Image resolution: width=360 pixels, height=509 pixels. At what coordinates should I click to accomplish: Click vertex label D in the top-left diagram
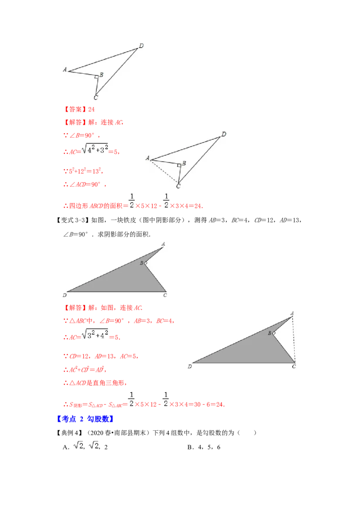pyautogui.click(x=141, y=46)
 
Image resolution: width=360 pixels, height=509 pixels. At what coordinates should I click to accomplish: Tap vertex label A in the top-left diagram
pyautogui.click(x=65, y=70)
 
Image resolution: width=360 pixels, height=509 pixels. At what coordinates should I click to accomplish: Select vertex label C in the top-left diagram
pyautogui.click(x=96, y=98)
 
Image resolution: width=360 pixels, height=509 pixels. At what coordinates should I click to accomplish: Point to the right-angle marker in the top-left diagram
pyautogui.click(x=96, y=77)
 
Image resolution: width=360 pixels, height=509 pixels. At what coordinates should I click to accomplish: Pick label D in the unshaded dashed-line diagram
pyautogui.click(x=224, y=134)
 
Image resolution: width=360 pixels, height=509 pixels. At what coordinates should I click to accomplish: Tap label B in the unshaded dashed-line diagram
pyautogui.click(x=184, y=163)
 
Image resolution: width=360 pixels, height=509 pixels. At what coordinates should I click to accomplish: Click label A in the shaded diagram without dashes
pyautogui.click(x=163, y=244)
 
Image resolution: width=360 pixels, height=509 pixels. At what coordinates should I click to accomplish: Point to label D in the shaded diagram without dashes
pyautogui.click(x=65, y=295)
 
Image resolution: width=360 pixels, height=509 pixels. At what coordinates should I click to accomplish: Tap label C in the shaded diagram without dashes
pyautogui.click(x=165, y=295)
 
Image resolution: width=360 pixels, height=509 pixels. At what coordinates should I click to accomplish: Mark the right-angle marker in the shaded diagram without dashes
pyautogui.click(x=145, y=263)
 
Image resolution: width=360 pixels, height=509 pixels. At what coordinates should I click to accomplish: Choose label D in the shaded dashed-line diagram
pyautogui.click(x=190, y=367)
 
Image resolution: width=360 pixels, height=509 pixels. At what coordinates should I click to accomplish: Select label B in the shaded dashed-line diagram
pyautogui.click(x=270, y=333)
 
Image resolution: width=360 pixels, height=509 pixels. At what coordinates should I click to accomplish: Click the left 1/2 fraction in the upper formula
pyautogui.click(x=131, y=200)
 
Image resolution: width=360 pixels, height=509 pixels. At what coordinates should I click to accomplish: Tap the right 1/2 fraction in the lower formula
pyautogui.click(x=166, y=398)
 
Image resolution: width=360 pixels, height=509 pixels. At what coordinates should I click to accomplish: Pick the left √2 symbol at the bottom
pyautogui.click(x=78, y=445)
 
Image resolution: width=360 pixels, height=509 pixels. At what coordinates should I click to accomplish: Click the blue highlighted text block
pyautogui.click(x=86, y=419)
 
